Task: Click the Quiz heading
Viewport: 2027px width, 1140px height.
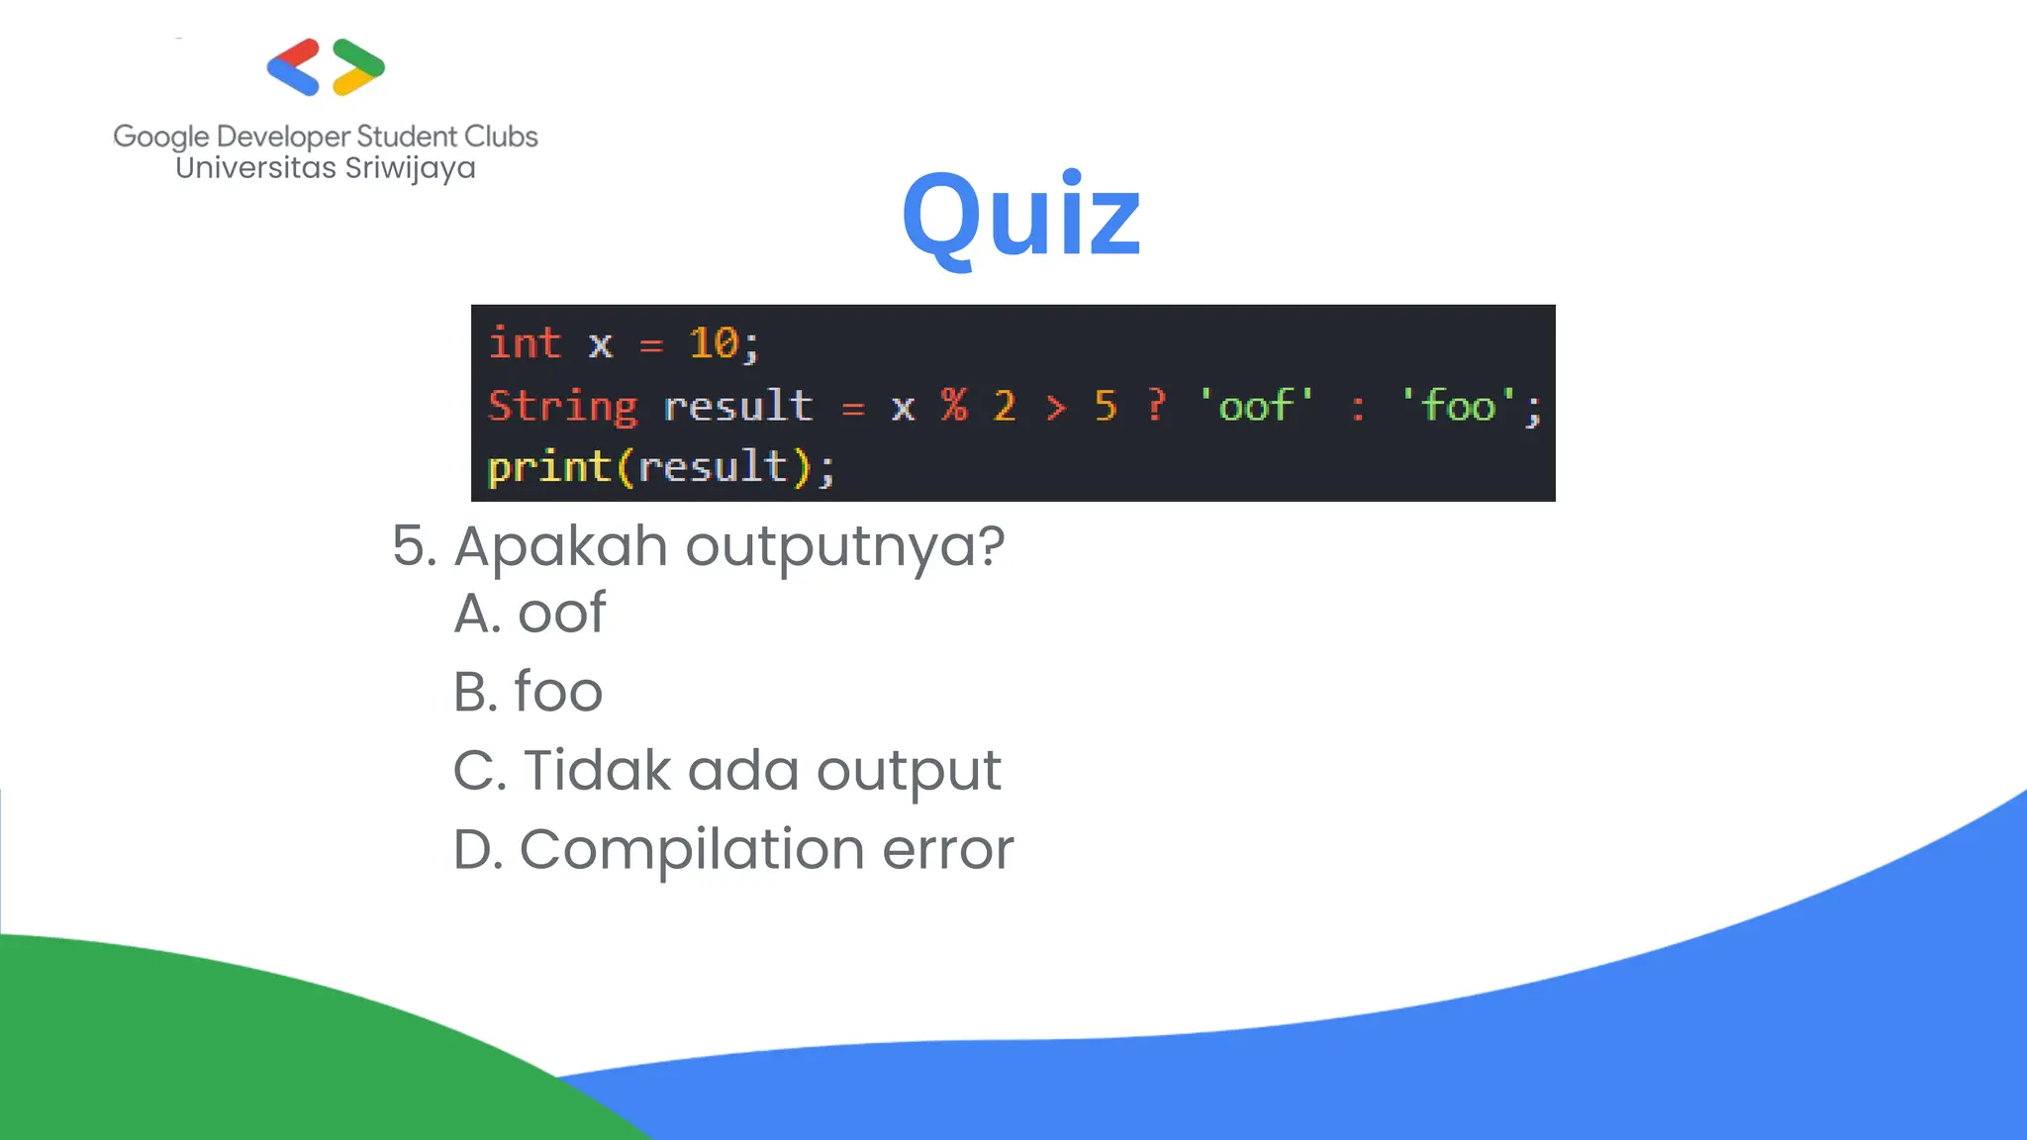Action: (x=1021, y=216)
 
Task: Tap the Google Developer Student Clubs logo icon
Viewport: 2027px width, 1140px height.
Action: (x=326, y=67)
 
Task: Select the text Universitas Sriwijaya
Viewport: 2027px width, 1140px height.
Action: (x=326, y=168)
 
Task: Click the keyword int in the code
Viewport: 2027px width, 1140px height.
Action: (x=525, y=343)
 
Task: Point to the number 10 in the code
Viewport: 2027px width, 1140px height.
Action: (x=714, y=343)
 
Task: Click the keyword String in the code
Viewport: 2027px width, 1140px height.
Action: (x=563, y=407)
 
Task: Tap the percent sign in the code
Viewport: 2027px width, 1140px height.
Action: (x=954, y=406)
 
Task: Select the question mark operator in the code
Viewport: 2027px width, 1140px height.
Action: (x=1156, y=406)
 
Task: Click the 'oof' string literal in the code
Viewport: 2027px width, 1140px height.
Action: (x=1256, y=406)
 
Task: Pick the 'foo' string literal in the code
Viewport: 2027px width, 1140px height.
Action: (x=1459, y=406)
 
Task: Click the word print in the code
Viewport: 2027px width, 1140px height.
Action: (x=548, y=467)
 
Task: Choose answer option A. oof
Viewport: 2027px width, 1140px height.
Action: (x=530, y=614)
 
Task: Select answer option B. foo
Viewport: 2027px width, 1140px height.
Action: (x=528, y=691)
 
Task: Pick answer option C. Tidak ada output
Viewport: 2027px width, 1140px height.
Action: (x=727, y=771)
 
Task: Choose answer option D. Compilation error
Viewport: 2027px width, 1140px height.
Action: (x=733, y=849)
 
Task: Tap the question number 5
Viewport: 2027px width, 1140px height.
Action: (x=411, y=546)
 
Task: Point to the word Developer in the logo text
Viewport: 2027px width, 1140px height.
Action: (x=283, y=137)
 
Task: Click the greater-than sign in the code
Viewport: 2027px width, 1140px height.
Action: (x=1056, y=407)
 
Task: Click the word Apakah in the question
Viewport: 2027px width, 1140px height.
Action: (x=560, y=547)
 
